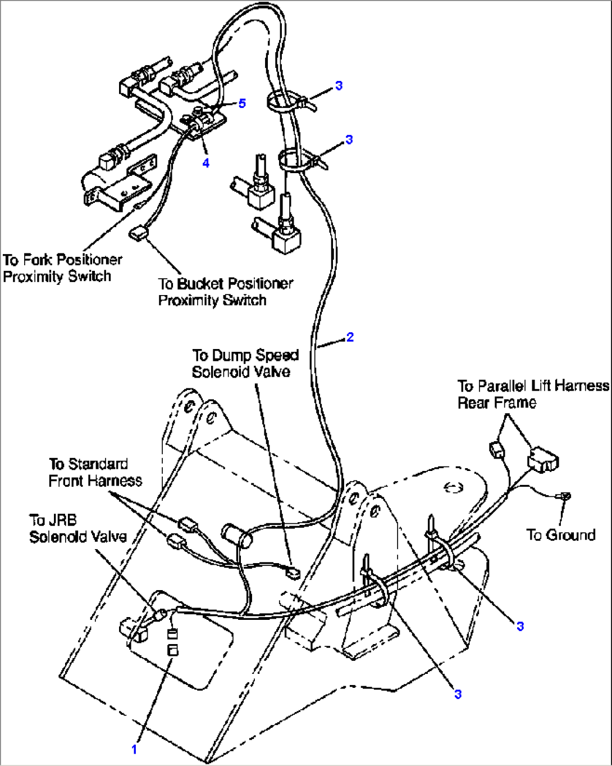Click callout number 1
pyautogui.click(x=134, y=749)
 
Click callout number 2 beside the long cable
pyautogui.click(x=350, y=337)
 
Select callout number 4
pyautogui.click(x=206, y=163)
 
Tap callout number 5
pyautogui.click(x=242, y=103)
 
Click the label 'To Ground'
pyautogui.click(x=560, y=534)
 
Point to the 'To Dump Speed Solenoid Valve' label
pyautogui.click(x=245, y=364)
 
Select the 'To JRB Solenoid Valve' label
pyautogui.click(x=77, y=528)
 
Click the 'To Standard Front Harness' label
pyautogui.click(x=95, y=473)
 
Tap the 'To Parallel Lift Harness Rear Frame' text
pyautogui.click(x=532, y=394)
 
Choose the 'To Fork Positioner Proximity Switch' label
pyautogui.click(x=62, y=268)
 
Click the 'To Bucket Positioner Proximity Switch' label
pyautogui.click(x=225, y=292)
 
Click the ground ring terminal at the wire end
pyautogui.click(x=564, y=496)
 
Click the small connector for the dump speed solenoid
pyautogui.click(x=293, y=574)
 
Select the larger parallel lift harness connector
pyautogui.click(x=542, y=460)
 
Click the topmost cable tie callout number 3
pyautogui.click(x=339, y=85)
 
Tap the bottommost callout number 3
pyautogui.click(x=458, y=694)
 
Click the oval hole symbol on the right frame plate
pyautogui.click(x=453, y=488)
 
